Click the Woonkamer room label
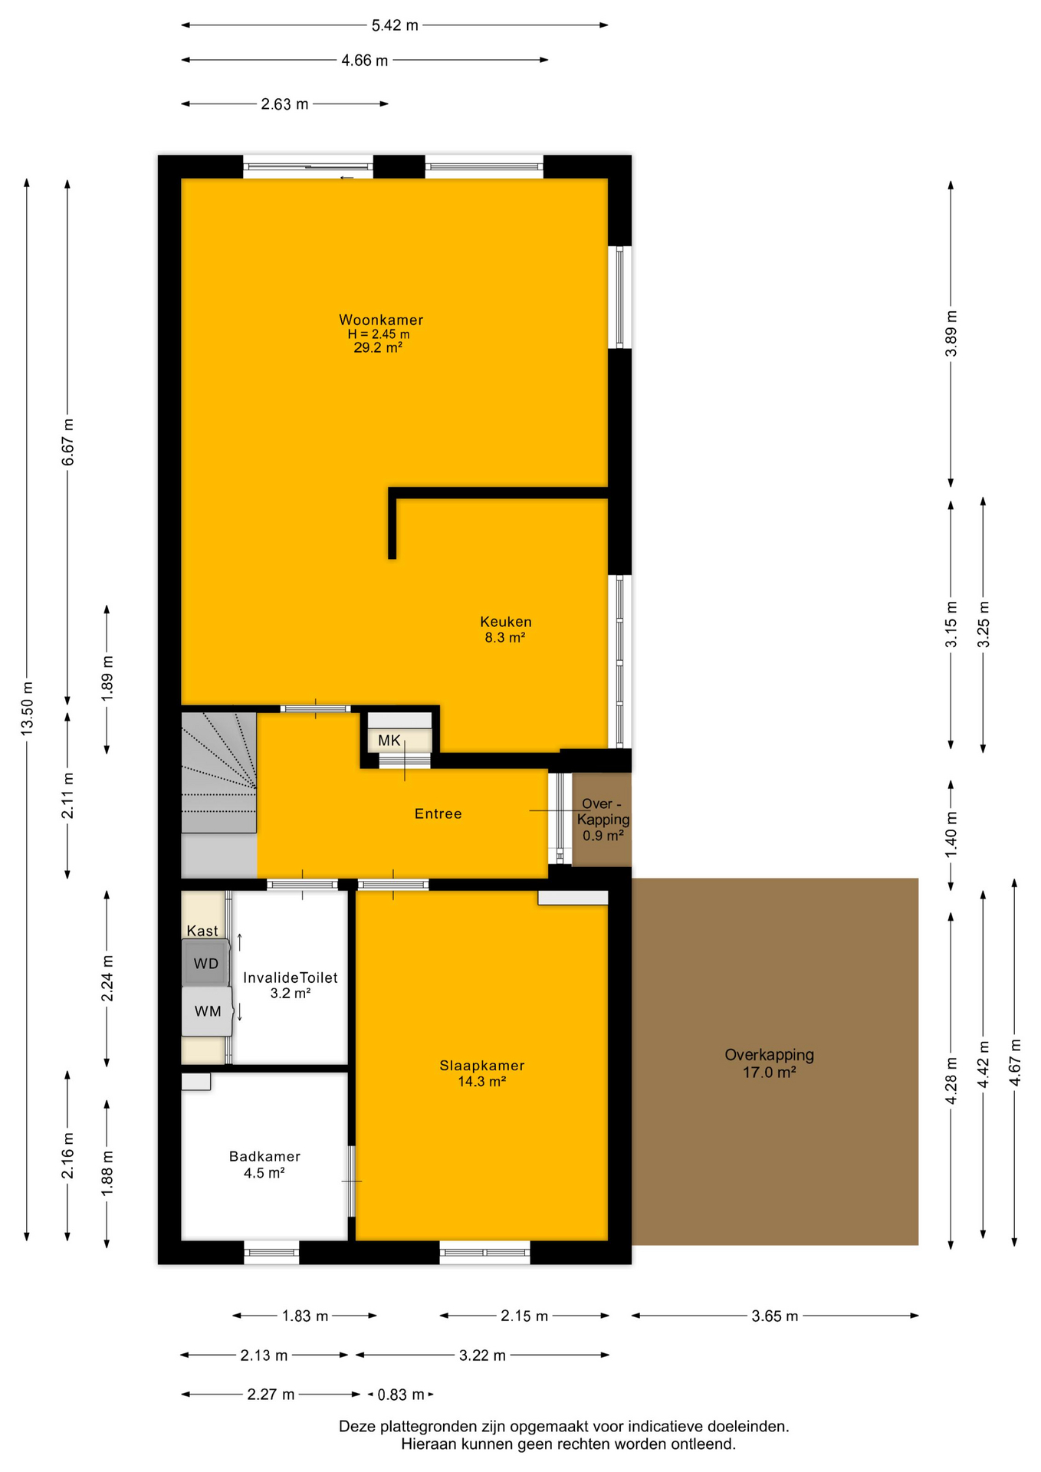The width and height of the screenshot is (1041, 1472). pyautogui.click(x=381, y=320)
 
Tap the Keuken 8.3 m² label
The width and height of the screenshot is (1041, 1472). pyautogui.click(x=505, y=629)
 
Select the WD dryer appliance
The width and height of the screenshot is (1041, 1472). pyautogui.click(x=205, y=963)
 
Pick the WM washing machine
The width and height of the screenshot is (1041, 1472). pyautogui.click(x=207, y=1011)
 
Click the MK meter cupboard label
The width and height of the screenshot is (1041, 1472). pyautogui.click(x=389, y=741)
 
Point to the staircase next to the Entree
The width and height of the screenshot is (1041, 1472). pyautogui.click(x=218, y=773)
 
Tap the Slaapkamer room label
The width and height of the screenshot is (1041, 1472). pyautogui.click(x=482, y=1066)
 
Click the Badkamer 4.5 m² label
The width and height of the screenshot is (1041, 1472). pyautogui.click(x=264, y=1165)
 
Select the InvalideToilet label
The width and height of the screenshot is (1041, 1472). pyautogui.click(x=291, y=978)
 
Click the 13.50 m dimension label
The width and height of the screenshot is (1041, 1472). pyautogui.click(x=27, y=708)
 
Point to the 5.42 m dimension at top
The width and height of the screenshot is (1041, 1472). pyautogui.click(x=395, y=25)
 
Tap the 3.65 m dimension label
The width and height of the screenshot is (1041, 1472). pyautogui.click(x=775, y=1316)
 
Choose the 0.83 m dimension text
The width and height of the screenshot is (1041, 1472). pyautogui.click(x=401, y=1395)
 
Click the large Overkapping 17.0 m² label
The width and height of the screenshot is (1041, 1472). pyautogui.click(x=769, y=1063)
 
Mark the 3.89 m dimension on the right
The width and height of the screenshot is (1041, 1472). pyautogui.click(x=951, y=333)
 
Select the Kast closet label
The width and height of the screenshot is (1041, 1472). pyautogui.click(x=202, y=931)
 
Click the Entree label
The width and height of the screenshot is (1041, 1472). pyautogui.click(x=438, y=813)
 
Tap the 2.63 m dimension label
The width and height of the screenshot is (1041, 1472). pyautogui.click(x=284, y=104)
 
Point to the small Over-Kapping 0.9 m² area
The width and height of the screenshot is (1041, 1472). pyautogui.click(x=603, y=819)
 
